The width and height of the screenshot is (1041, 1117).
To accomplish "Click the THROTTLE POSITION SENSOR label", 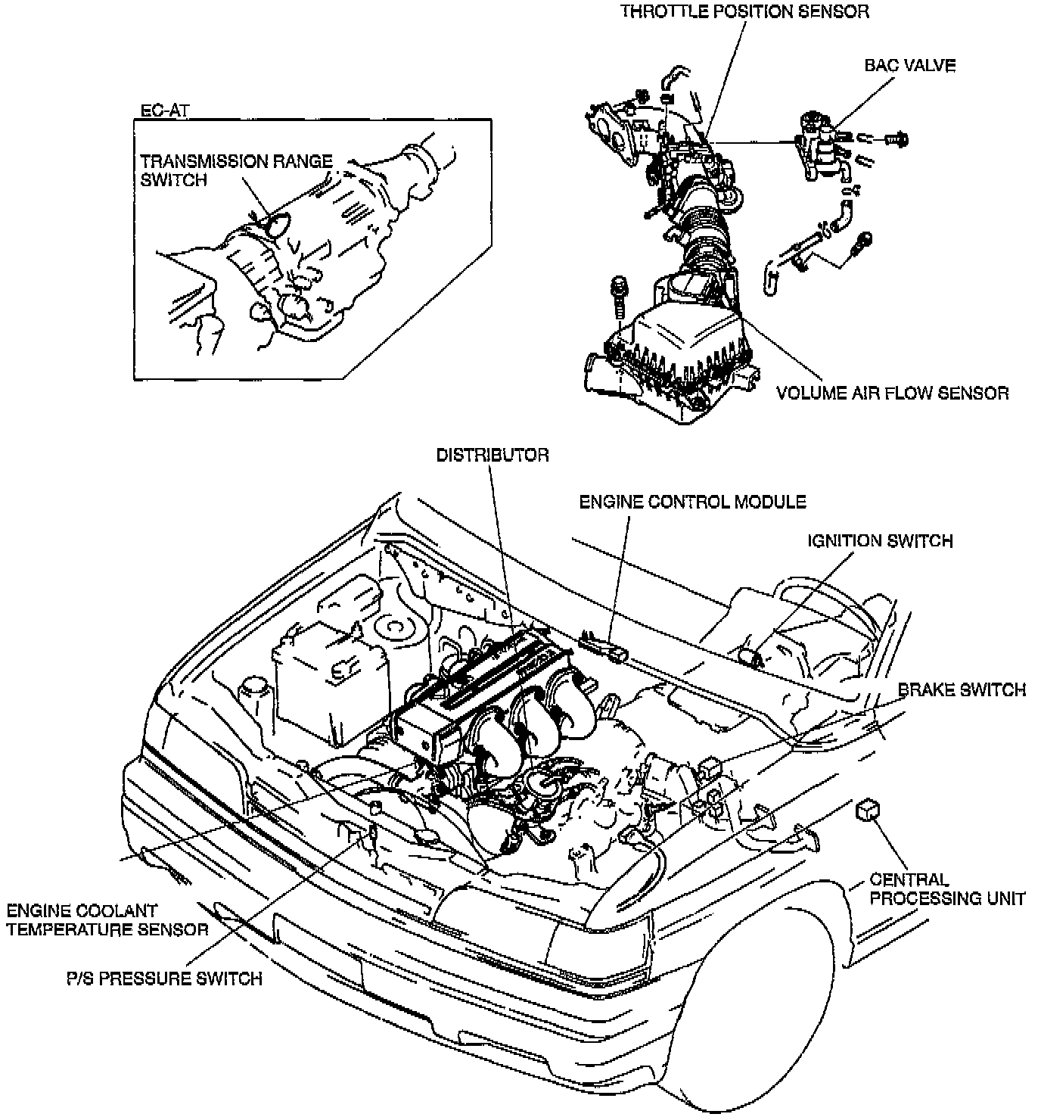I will tap(744, 11).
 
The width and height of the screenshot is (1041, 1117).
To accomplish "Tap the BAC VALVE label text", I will tap(909, 66).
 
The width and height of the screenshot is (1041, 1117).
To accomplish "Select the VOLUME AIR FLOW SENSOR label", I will tap(892, 394).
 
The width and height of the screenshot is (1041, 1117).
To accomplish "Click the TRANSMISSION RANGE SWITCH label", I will tap(235, 170).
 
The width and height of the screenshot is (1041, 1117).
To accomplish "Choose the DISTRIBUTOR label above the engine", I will tap(492, 455).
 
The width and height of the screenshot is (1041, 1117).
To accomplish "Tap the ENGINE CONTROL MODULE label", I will tap(692, 502).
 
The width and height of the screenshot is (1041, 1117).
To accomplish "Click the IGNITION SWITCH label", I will tap(880, 541).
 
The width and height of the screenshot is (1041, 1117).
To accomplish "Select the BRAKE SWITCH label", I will tap(962, 690).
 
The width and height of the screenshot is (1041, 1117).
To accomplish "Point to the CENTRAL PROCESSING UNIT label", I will tap(946, 889).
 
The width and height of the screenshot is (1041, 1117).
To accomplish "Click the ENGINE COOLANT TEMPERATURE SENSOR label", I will tap(107, 919).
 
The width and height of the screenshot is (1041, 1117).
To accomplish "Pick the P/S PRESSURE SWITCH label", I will tap(163, 978).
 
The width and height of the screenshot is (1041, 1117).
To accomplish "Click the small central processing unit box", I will tap(867, 809).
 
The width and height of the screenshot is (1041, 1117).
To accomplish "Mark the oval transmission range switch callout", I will tap(278, 225).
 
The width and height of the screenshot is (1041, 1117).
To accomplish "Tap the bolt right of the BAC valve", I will tap(899, 139).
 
